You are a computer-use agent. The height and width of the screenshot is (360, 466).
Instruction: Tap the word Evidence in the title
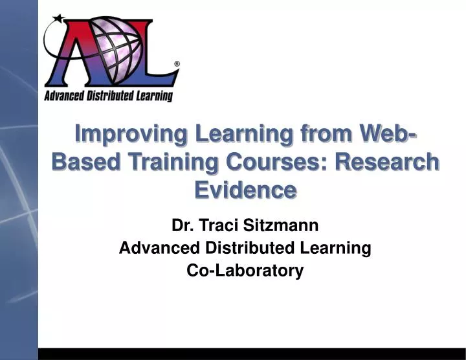(x=245, y=190)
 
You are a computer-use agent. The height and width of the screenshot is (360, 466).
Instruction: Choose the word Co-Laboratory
(x=245, y=271)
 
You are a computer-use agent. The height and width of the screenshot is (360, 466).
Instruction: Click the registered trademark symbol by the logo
(x=177, y=64)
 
